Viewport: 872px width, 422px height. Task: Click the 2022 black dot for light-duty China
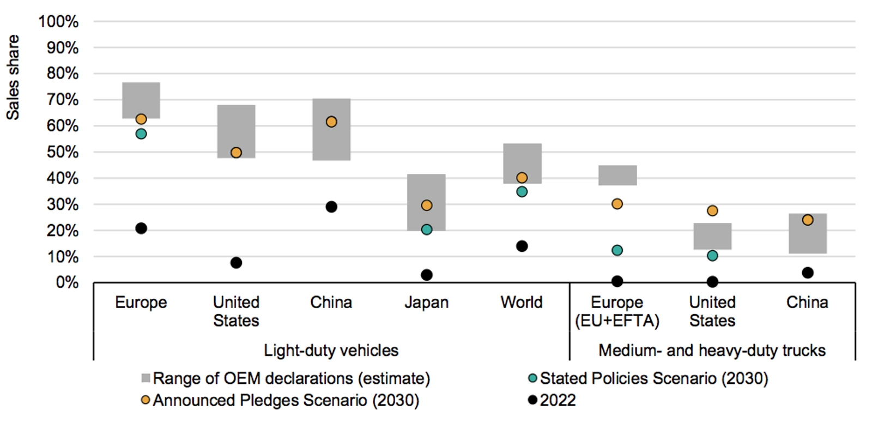(331, 207)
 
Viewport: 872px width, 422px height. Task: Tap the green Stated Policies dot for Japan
(427, 230)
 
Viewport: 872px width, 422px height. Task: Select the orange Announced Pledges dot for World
(522, 178)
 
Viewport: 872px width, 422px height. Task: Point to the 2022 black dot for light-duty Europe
(141, 228)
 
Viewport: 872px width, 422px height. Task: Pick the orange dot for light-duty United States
(236, 153)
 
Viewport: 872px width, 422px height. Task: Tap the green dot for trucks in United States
(712, 256)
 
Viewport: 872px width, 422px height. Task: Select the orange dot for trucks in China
(808, 220)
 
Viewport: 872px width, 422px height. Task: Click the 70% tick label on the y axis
(63, 100)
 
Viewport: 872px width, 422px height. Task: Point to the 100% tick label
(59, 22)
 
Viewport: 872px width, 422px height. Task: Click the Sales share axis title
(13, 77)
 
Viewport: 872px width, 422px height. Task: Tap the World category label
(522, 302)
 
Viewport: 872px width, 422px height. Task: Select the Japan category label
(427, 302)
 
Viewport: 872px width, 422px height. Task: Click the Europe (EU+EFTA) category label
(617, 311)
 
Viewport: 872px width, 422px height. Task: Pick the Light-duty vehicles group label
(331, 350)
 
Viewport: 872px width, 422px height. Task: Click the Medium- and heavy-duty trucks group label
(712, 350)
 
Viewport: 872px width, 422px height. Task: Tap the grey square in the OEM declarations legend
(146, 378)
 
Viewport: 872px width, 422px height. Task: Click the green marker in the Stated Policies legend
(532, 378)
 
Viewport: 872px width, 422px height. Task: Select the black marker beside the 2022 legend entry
(532, 400)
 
